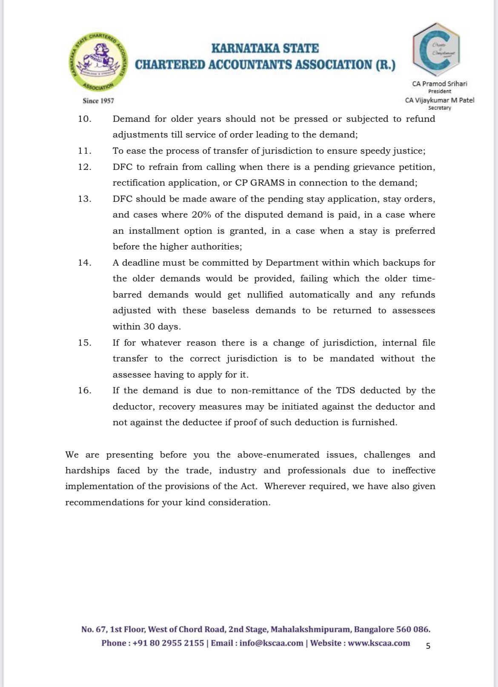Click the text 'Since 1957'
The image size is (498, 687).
click(x=98, y=101)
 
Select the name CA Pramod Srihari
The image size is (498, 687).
click(x=439, y=84)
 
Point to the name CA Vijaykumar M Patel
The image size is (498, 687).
click(x=439, y=100)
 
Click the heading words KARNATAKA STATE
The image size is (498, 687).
click(x=265, y=49)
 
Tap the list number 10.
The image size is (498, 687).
click(x=84, y=119)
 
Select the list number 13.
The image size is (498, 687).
click(x=84, y=199)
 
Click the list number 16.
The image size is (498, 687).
click(x=84, y=390)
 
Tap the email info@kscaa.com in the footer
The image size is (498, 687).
click(x=271, y=643)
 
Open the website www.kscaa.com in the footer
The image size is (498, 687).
click(x=379, y=643)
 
